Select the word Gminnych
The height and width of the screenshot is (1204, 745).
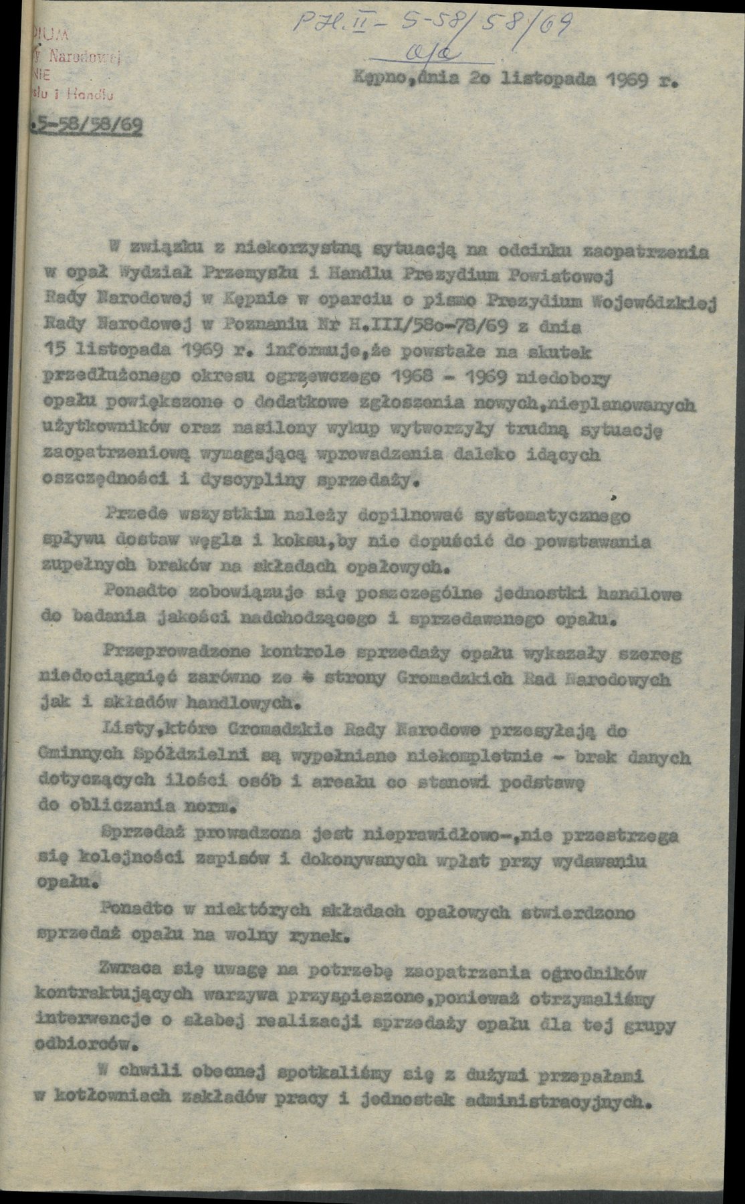(x=74, y=755)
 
